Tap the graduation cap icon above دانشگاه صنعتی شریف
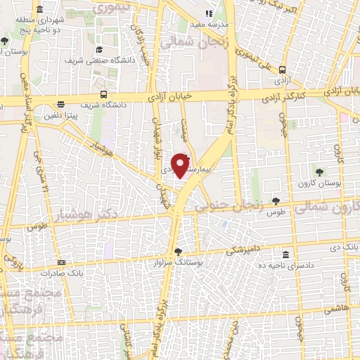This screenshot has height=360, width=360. coord(99,49)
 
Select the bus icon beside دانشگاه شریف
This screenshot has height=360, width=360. coord(104,94)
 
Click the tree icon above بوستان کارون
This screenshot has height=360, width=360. coord(319,172)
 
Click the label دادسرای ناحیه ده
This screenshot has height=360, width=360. coord(285,265)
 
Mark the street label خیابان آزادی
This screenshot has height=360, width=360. coord(169,98)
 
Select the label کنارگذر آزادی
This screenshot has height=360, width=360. coord(287,94)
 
